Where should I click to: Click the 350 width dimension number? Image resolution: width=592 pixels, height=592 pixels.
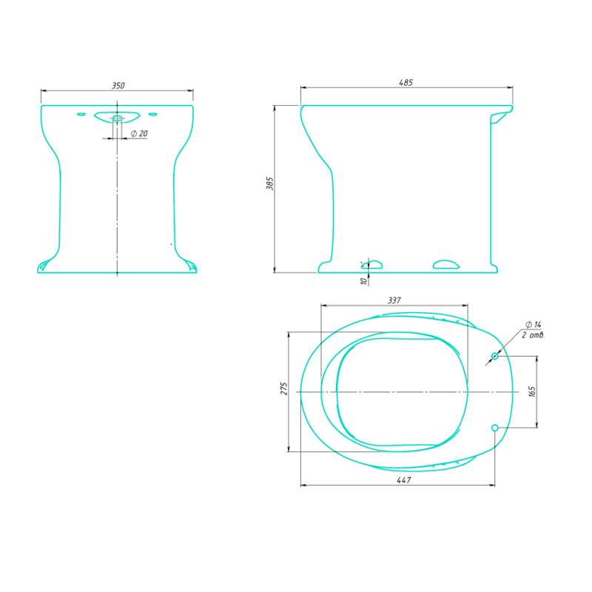(118, 86)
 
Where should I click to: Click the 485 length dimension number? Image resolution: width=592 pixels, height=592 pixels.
(406, 83)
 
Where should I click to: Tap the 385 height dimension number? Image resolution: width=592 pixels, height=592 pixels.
(269, 183)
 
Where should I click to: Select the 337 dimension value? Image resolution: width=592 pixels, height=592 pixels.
(394, 300)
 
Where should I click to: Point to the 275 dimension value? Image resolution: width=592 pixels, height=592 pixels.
(284, 389)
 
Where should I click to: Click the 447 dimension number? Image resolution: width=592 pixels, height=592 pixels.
(403, 480)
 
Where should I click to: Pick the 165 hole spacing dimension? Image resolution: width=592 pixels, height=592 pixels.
(532, 391)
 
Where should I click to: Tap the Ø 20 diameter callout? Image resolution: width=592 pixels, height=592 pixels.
(139, 133)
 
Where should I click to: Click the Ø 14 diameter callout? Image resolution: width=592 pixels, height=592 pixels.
(533, 324)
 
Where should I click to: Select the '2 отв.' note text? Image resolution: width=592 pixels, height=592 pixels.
(533, 335)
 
